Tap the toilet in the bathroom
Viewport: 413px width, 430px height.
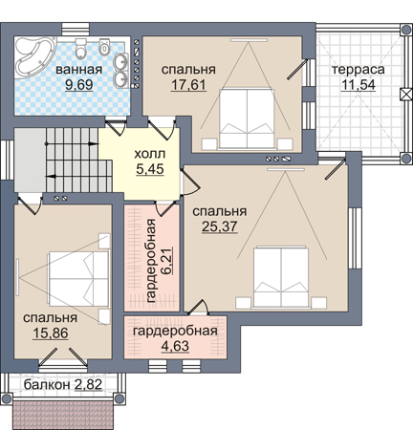click(x=81, y=48)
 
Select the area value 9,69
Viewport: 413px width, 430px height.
click(x=78, y=85)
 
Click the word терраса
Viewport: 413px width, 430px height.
click(x=359, y=70)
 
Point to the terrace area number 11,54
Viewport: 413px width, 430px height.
click(x=359, y=85)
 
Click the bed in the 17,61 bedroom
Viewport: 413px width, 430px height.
click(x=247, y=118)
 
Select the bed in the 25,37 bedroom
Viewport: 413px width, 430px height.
click(x=281, y=276)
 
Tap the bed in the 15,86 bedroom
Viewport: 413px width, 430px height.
click(x=78, y=279)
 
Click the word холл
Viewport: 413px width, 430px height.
click(x=150, y=154)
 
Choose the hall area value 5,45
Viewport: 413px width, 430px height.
click(x=150, y=169)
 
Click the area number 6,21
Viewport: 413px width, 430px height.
click(x=168, y=261)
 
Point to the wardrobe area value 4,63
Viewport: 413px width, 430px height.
click(x=175, y=346)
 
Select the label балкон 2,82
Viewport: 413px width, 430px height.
click(x=63, y=385)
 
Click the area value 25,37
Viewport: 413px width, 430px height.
click(x=220, y=226)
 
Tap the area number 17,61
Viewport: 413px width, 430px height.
click(x=188, y=85)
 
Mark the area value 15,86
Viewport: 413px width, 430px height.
click(x=51, y=333)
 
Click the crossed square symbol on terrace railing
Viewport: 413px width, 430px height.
click(x=405, y=95)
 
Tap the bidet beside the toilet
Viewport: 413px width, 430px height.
click(x=104, y=47)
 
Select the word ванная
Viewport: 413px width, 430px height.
click(x=79, y=70)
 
